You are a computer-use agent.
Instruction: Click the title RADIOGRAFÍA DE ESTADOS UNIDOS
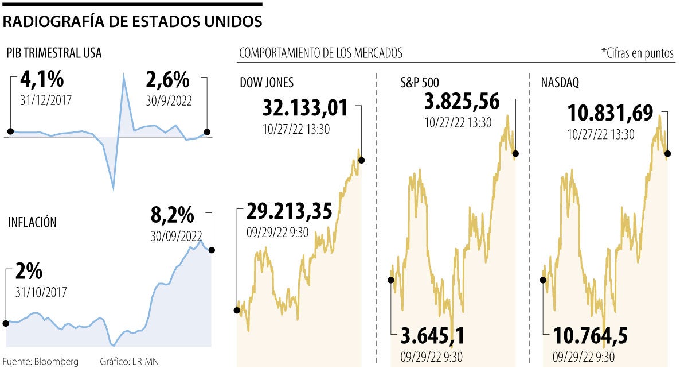click(132, 22)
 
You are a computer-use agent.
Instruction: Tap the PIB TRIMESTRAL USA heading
click(54, 53)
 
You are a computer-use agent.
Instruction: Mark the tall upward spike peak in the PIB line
click(123, 75)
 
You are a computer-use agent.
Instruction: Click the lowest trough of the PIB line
click(113, 189)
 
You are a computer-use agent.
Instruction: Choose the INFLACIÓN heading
click(32, 222)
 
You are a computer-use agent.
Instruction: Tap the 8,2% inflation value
click(173, 216)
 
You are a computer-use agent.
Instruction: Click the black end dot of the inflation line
click(212, 250)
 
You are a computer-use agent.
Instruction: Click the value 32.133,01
click(305, 107)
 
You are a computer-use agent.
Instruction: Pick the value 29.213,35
click(289, 211)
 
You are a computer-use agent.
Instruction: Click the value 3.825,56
click(462, 102)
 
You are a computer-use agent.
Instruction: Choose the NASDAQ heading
click(560, 83)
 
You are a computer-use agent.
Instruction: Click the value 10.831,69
click(610, 113)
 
